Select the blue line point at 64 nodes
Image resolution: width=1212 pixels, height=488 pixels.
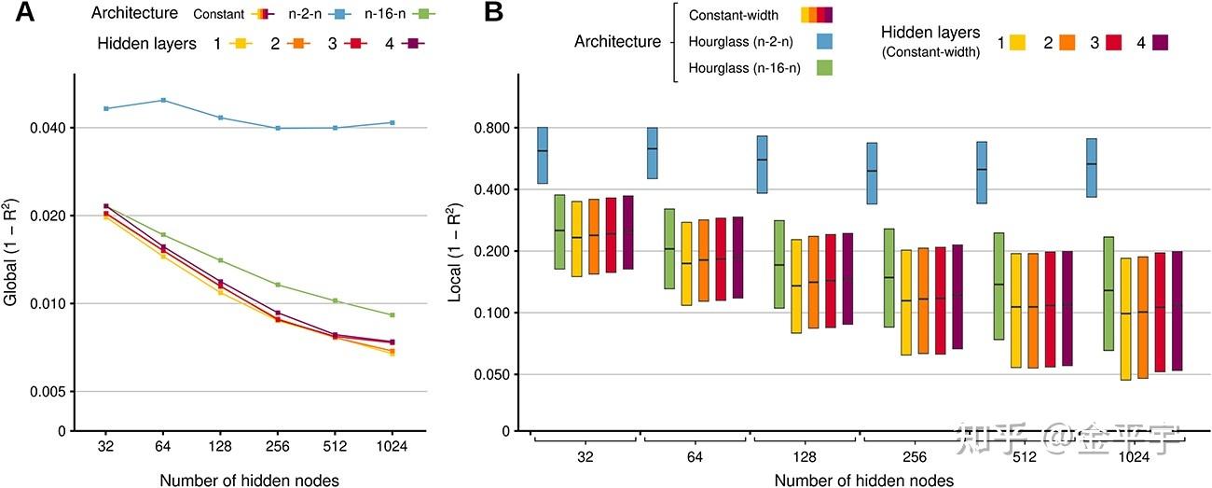[x=164, y=100]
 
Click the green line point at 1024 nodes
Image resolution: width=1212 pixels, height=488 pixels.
[x=393, y=315]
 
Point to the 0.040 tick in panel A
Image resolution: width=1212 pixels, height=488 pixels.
[x=44, y=128]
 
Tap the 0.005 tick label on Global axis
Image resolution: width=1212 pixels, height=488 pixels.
[x=44, y=392]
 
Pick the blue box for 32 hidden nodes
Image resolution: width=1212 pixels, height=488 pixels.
[x=543, y=155]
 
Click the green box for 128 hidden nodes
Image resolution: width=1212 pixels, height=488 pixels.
[x=779, y=264]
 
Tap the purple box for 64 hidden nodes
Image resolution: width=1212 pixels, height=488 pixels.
[x=737, y=258]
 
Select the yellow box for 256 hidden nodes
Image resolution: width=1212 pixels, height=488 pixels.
[x=905, y=302]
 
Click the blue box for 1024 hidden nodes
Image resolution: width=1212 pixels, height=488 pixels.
[x=1092, y=167]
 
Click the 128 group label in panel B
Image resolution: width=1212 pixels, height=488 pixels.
[x=806, y=457]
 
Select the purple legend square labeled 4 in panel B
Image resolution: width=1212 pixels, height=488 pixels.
[x=1161, y=42]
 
